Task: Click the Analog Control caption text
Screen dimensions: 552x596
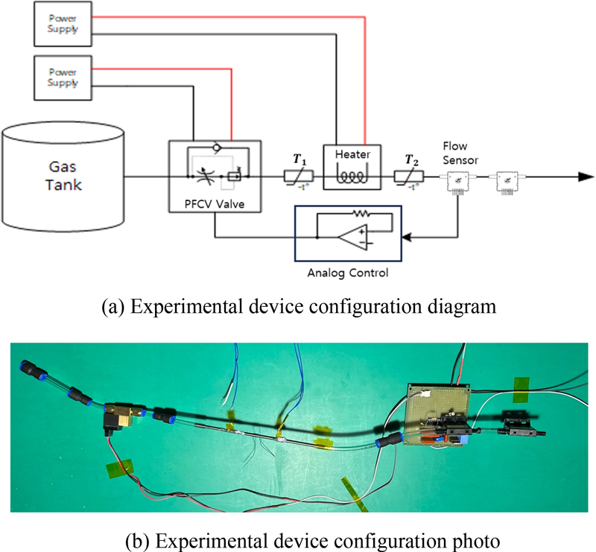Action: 348,273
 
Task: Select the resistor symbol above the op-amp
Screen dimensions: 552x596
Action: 361,212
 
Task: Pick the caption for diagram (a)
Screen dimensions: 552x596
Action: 298,306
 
